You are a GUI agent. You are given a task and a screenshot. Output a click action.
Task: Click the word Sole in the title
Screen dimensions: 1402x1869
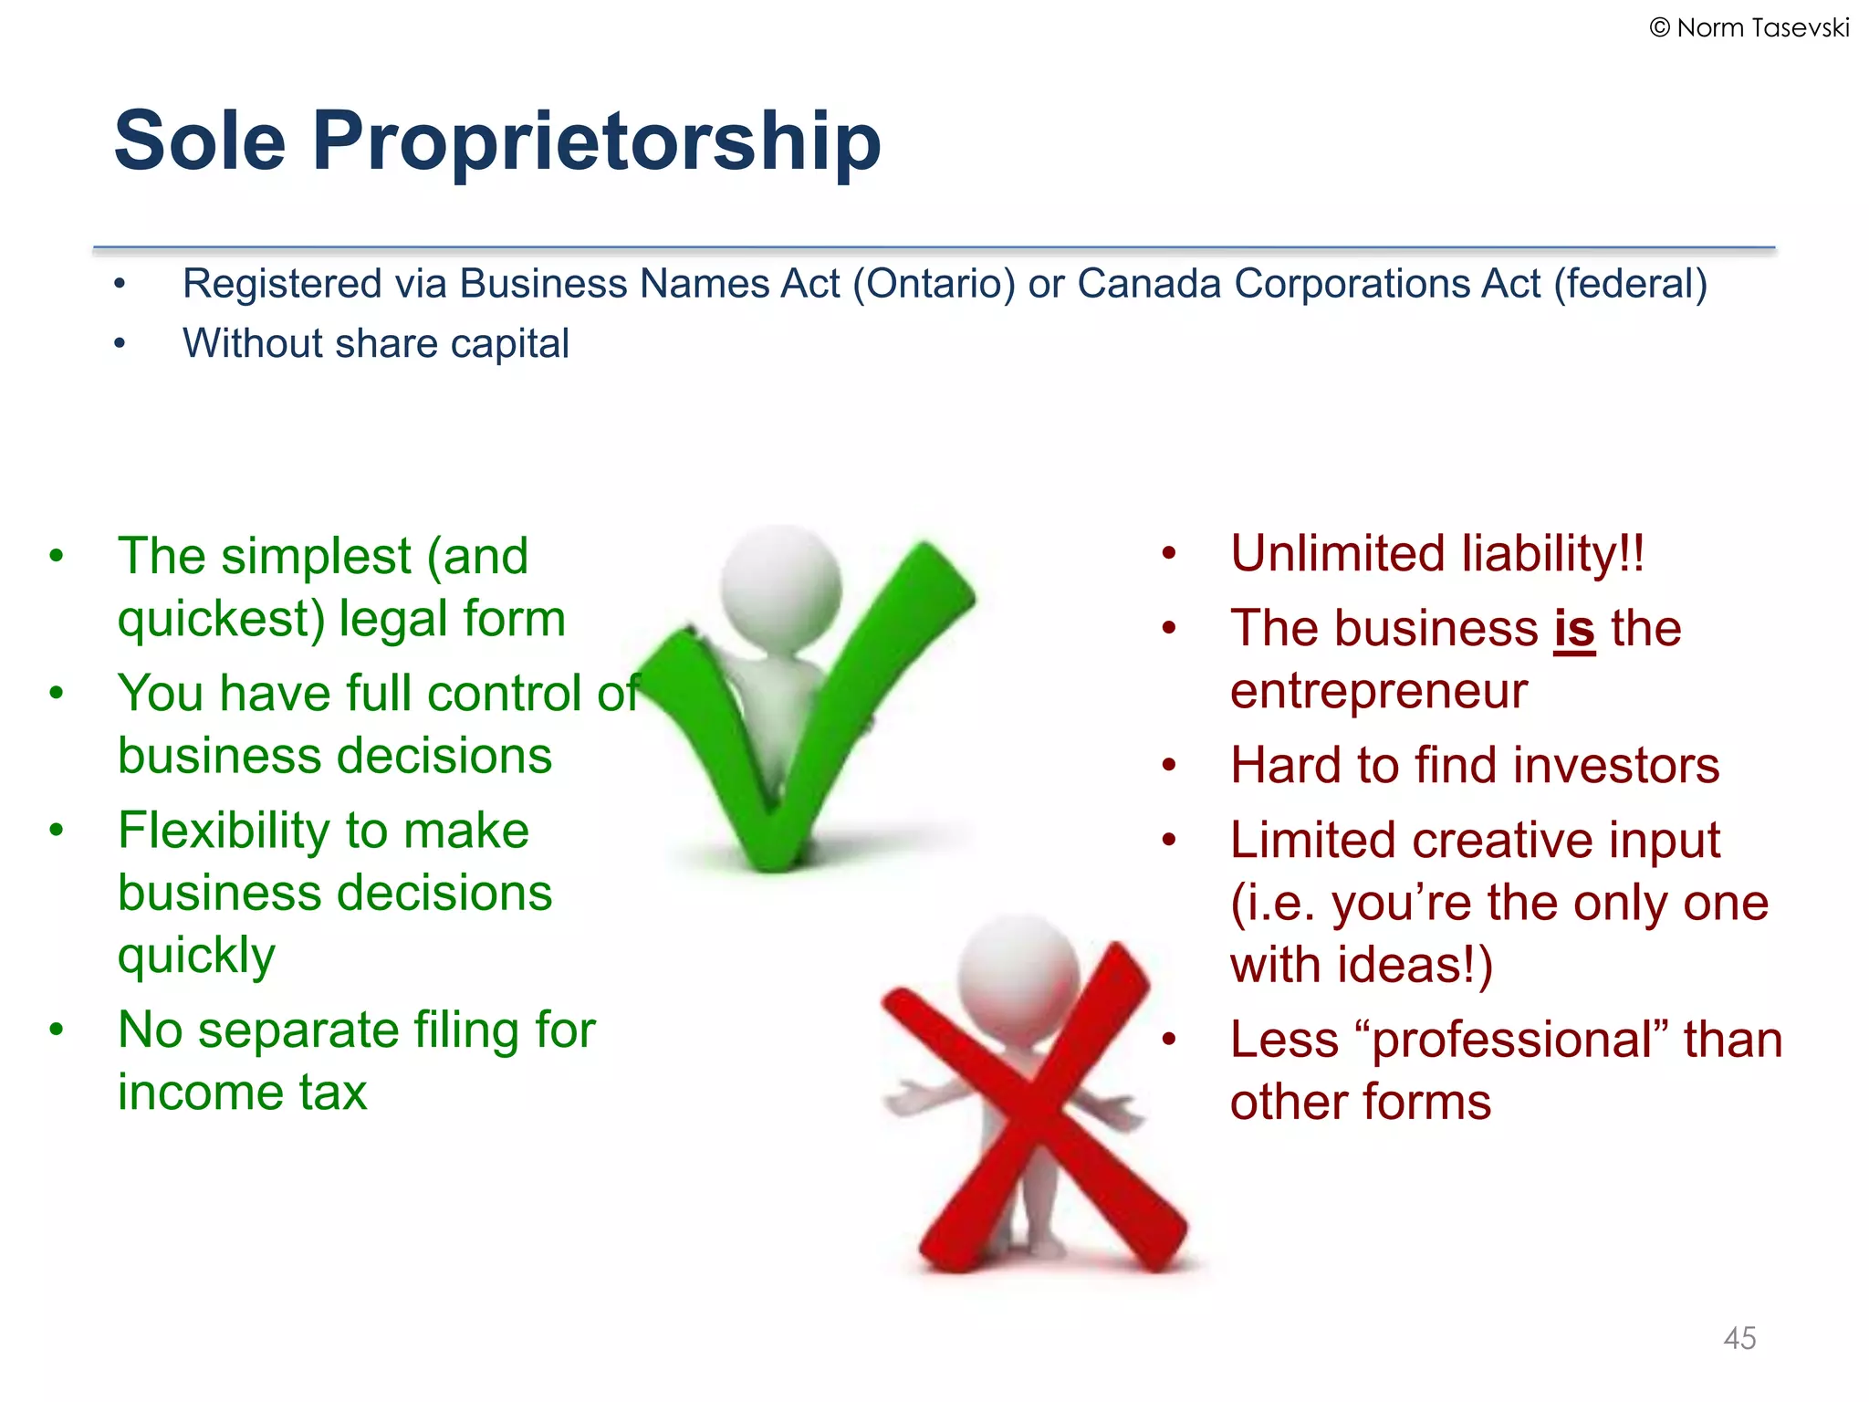pyautogui.click(x=200, y=141)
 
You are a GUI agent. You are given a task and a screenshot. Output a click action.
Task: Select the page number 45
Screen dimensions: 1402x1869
pyautogui.click(x=1739, y=1338)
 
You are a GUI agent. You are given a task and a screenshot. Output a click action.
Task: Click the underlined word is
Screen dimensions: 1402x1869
pyautogui.click(x=1574, y=629)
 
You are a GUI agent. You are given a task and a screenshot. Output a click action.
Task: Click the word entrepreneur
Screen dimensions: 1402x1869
pyautogui.click(x=1378, y=691)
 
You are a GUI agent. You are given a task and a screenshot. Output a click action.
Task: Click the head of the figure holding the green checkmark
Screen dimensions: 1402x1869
pyautogui.click(x=780, y=584)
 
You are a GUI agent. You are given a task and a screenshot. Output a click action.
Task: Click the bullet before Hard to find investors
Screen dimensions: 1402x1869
pyautogui.click(x=1169, y=766)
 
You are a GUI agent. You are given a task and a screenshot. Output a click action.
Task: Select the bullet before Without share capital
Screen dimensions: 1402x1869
pyautogui.click(x=120, y=344)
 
